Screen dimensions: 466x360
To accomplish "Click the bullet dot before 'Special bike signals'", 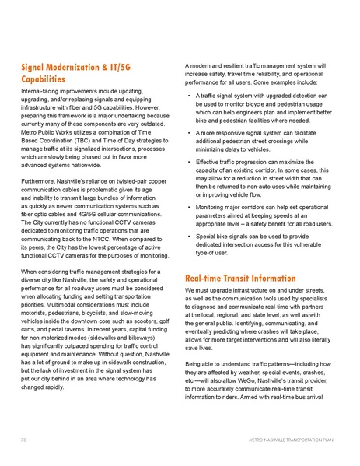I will click(190, 236).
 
